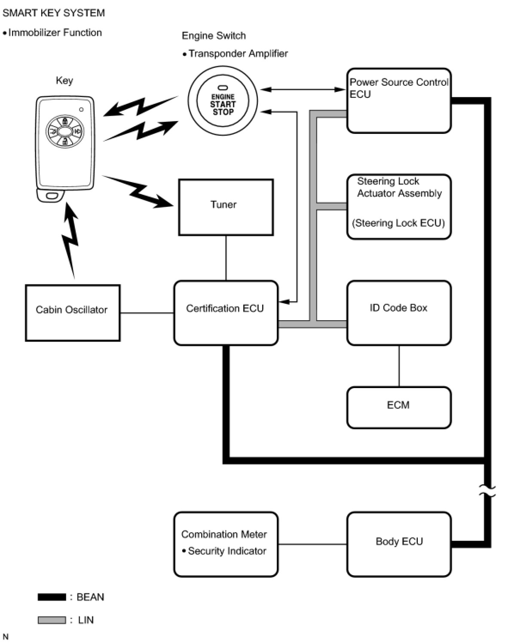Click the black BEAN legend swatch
pos(52,597)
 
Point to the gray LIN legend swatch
pos(52,620)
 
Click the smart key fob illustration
pos(64,149)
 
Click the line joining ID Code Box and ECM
pos(399,366)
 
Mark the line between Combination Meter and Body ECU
pos(312,544)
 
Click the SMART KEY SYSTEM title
pos(53,13)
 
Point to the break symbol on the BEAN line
pos(487,491)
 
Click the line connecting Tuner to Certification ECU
pos(226,258)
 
